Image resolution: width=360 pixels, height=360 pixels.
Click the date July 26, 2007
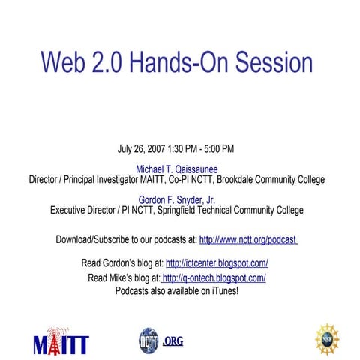point(144,149)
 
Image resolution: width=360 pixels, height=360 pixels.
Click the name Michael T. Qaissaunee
point(176,169)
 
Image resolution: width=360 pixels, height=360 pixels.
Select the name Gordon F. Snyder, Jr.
point(177,200)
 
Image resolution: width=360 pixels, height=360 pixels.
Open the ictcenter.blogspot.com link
point(217,263)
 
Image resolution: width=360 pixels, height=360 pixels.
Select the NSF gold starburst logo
point(327,339)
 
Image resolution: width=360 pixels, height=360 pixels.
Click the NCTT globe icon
point(148,340)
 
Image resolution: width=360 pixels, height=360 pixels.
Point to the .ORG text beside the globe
point(172,341)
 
